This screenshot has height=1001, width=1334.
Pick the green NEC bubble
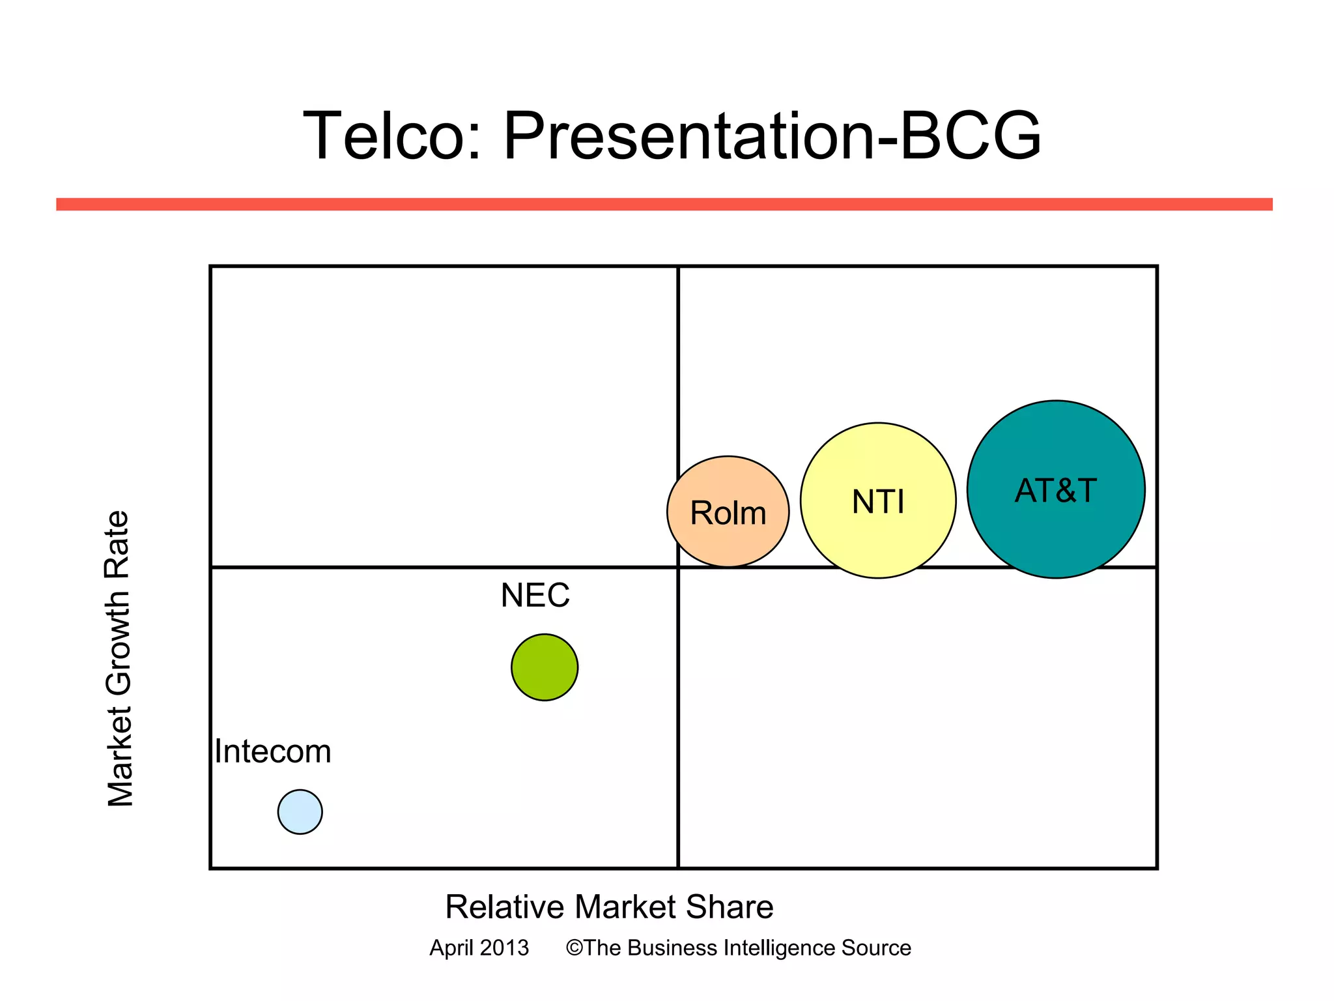pos(545,667)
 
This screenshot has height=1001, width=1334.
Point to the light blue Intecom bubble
pos(300,812)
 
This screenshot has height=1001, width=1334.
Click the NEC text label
pos(535,595)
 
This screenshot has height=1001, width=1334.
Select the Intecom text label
pos(273,751)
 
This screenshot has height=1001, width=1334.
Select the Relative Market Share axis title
pos(609,907)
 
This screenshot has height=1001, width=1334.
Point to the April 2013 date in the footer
pos(479,948)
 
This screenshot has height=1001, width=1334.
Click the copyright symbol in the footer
pos(573,948)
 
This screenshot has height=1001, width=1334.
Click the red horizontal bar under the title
pos(664,204)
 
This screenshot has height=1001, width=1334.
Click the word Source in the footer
pos(876,948)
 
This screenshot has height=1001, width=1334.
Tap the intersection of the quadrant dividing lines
pos(678,567)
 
